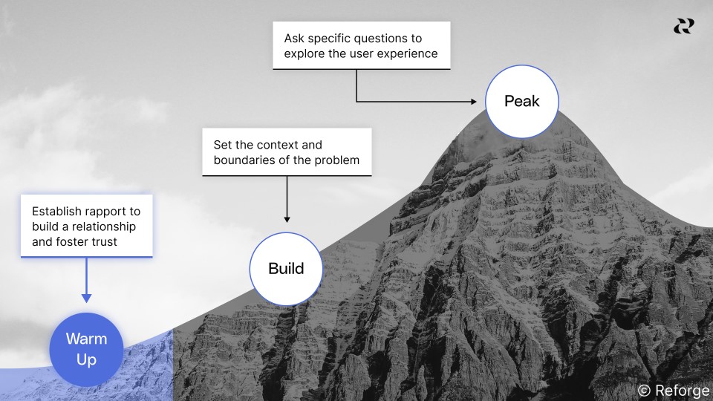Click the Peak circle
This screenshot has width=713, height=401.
click(x=521, y=101)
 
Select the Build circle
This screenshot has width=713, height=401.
click(x=286, y=268)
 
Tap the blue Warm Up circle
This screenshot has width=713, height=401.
click(x=86, y=349)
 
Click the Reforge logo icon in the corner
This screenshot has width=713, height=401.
click(x=683, y=26)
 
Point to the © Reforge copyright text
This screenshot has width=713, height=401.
click(x=674, y=391)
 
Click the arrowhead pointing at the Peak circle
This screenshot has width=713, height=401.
click(x=475, y=101)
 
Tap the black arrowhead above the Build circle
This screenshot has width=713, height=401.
click(x=287, y=219)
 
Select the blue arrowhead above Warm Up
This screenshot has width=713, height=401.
click(x=86, y=298)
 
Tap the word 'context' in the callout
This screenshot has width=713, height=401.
click(x=272, y=145)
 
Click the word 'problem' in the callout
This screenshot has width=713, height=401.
click(x=336, y=160)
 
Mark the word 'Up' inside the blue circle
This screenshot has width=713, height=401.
click(x=86, y=359)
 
